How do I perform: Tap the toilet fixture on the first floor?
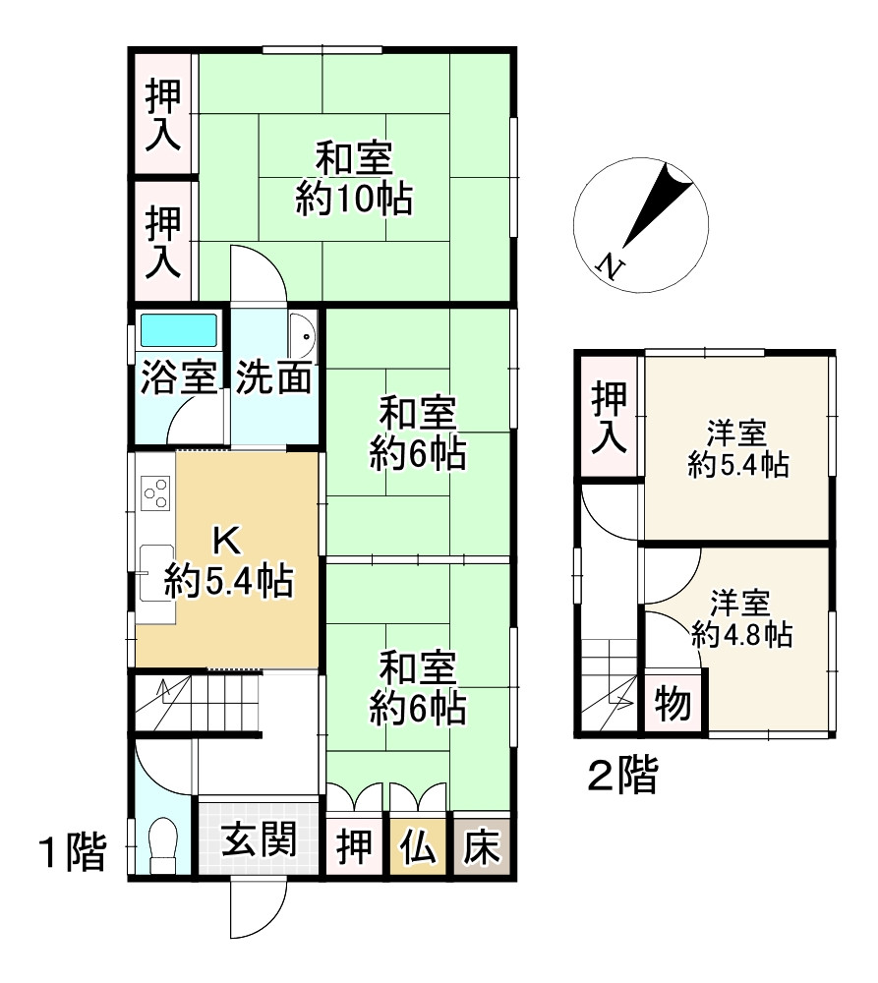point(162,842)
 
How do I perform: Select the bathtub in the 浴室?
point(178,330)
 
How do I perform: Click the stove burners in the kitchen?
point(156,491)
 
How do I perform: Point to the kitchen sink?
point(156,571)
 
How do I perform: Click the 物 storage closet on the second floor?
point(673,705)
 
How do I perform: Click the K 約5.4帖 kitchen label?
point(227,562)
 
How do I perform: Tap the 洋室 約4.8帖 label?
point(741,618)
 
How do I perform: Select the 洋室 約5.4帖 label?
point(737,448)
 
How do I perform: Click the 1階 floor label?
point(71,853)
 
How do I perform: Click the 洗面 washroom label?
point(274,377)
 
